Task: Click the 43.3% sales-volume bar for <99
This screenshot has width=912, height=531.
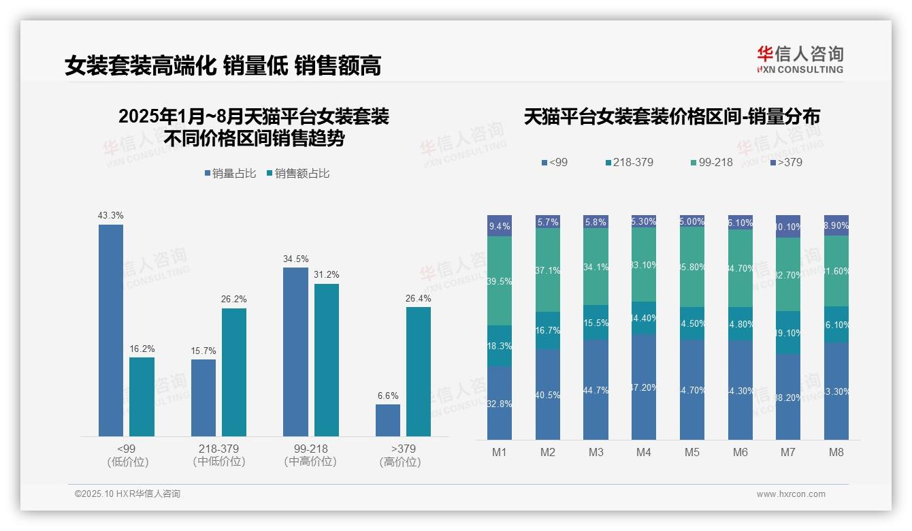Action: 111,330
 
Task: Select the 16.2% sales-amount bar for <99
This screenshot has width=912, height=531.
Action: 142,397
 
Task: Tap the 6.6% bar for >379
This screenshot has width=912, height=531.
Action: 388,420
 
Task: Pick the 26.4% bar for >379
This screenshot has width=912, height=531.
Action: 419,372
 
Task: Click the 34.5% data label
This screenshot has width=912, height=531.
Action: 295,259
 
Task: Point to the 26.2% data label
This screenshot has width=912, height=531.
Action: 234,299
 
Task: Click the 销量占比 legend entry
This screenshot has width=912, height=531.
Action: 230,174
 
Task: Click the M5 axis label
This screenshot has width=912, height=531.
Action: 692,452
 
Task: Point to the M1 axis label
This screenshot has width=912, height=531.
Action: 500,452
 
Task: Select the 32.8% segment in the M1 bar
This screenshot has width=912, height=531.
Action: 500,403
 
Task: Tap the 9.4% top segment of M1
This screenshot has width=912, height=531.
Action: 500,226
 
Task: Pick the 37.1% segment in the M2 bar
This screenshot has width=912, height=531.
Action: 548,270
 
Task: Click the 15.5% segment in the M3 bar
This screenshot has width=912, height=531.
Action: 596,323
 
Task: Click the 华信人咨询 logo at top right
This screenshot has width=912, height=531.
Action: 800,59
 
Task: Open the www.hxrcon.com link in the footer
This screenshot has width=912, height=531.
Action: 791,494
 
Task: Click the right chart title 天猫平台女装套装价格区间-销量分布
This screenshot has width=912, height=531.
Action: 672,116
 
